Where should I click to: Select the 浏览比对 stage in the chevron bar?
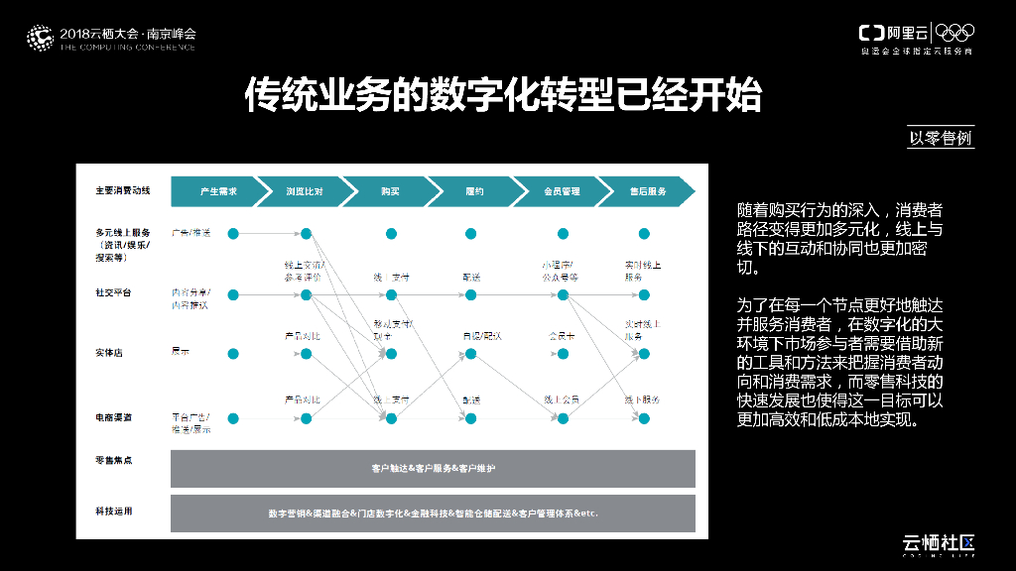tap(304, 191)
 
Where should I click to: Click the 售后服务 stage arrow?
tap(647, 191)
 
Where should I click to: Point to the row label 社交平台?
tap(113, 293)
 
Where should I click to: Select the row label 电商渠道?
tap(113, 418)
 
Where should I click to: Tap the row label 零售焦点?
tap(113, 459)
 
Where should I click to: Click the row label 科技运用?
tap(113, 512)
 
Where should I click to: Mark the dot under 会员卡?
tap(563, 354)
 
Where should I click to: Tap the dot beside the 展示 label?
tap(233, 354)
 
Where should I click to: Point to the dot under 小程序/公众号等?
tap(563, 294)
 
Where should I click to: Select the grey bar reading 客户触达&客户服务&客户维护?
tap(433, 468)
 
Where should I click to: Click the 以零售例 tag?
tap(941, 138)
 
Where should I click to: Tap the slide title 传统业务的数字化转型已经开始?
tap(504, 95)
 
